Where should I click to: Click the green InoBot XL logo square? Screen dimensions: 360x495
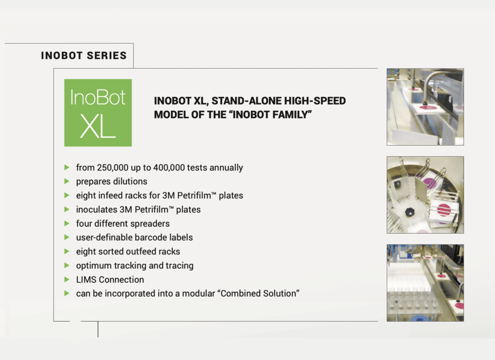[x=98, y=112]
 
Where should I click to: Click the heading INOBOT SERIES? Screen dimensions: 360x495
[x=84, y=56]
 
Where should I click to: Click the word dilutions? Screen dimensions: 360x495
[x=130, y=182]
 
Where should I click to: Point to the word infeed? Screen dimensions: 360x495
[x=111, y=196]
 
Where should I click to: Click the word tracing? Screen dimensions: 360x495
[x=177, y=266]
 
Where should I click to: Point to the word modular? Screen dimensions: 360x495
[x=199, y=294]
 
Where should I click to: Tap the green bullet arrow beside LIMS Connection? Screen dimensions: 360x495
[x=67, y=280]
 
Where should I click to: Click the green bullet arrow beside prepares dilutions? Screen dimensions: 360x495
[x=67, y=182]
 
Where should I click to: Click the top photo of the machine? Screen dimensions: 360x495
[x=425, y=107]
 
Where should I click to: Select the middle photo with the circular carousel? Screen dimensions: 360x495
[x=425, y=195]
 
